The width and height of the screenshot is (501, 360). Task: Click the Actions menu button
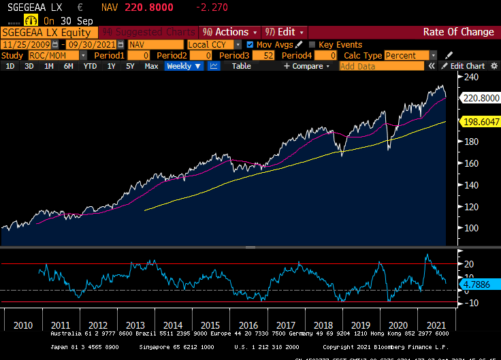pos(230,32)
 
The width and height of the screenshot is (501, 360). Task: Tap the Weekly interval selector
pos(183,66)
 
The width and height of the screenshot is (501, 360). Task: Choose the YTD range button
pos(90,66)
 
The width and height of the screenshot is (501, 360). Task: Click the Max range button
pos(151,66)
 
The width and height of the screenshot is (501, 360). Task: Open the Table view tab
pos(241,66)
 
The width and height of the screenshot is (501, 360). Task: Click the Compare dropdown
pos(306,66)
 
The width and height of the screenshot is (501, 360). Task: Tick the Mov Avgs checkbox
pos(250,44)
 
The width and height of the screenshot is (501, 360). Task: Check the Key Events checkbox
pos(312,44)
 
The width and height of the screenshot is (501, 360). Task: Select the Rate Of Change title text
pos(458,32)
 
